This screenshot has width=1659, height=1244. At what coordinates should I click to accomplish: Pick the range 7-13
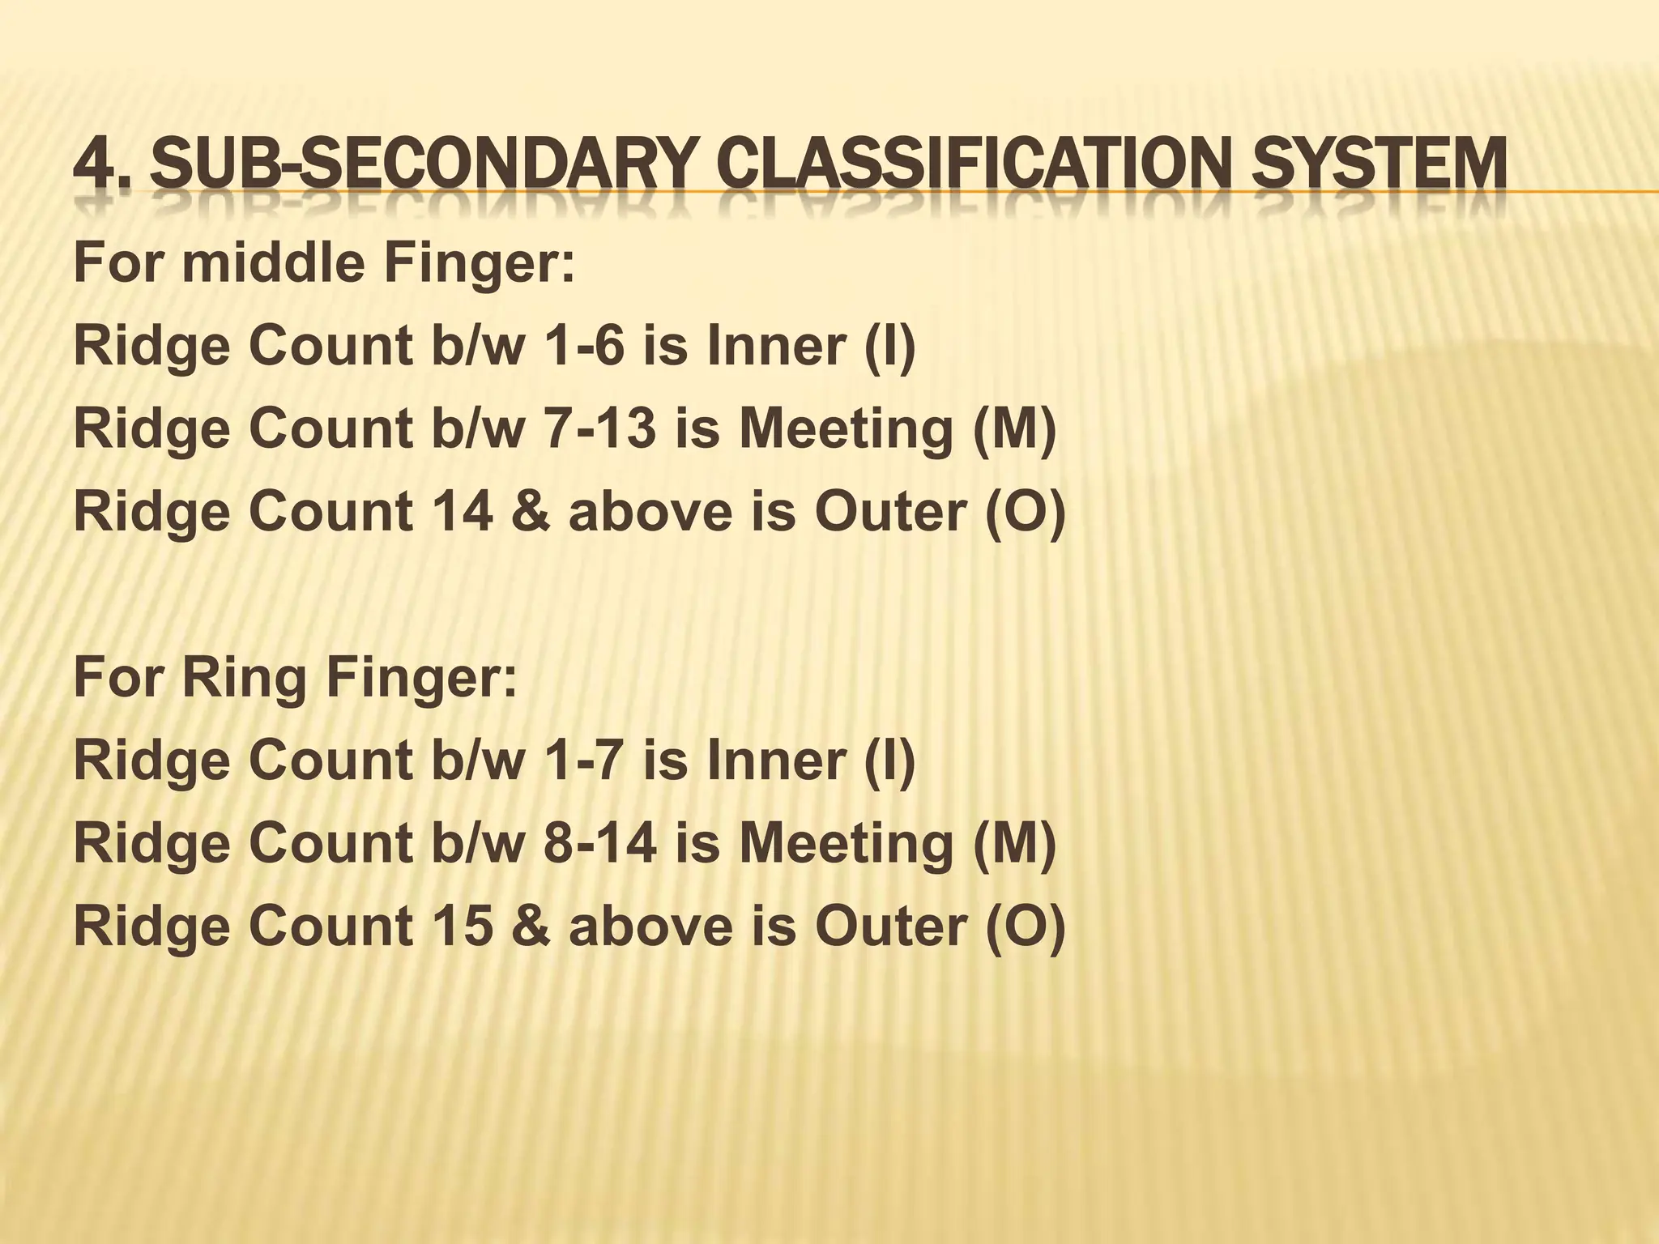pos(599,428)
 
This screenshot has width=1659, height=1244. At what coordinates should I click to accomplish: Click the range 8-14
pos(599,843)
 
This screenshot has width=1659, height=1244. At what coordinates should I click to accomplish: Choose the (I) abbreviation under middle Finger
pos(889,347)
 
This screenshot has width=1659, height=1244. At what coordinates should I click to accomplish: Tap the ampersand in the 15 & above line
pos(531,926)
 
